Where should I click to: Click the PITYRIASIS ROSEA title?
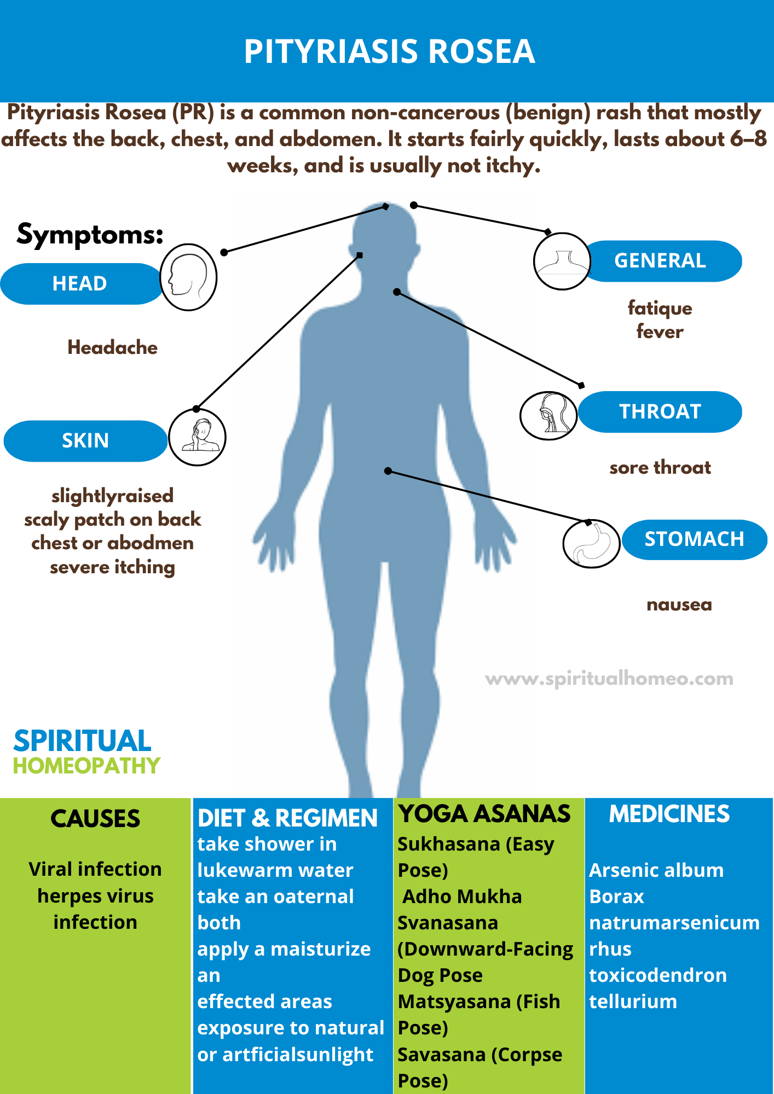[389, 51]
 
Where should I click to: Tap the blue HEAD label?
[80, 283]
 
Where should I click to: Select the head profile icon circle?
[188, 277]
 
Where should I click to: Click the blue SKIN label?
[85, 440]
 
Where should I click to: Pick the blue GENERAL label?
[660, 261]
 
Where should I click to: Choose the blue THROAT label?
[660, 411]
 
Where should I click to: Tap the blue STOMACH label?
[694, 539]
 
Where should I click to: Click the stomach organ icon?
[591, 544]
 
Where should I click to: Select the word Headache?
[112, 347]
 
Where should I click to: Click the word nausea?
[679, 605]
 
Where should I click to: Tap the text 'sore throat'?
[660, 468]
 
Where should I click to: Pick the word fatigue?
[660, 308]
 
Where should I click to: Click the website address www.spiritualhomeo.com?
[609, 679]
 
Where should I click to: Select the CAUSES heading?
[95, 819]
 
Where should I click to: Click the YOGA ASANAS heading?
[484, 814]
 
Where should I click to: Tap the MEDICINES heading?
[669, 814]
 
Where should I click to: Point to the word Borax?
[616, 897]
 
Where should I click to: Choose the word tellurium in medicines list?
[633, 1002]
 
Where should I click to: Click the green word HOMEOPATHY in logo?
[86, 766]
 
